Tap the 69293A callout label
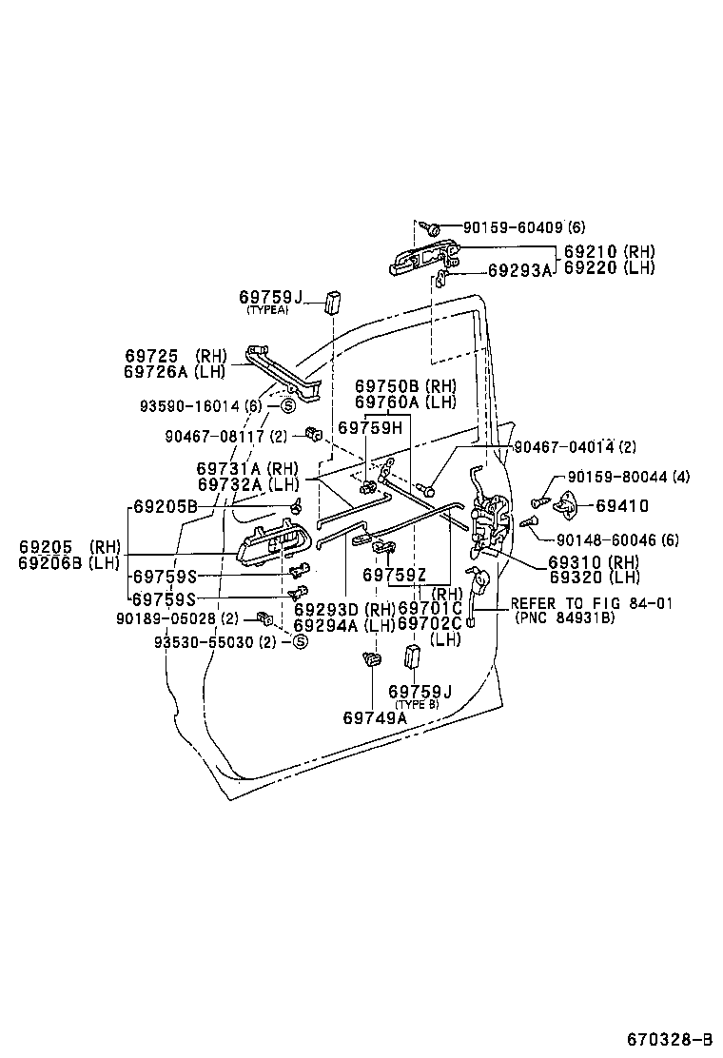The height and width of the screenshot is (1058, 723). click(x=519, y=270)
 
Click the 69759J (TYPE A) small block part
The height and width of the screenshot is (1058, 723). click(x=333, y=302)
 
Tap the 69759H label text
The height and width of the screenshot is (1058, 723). click(x=371, y=428)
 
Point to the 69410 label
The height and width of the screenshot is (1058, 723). click(x=622, y=506)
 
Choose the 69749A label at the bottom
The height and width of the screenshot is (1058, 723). click(x=375, y=717)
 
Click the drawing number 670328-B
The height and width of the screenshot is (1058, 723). click(x=669, y=1037)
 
